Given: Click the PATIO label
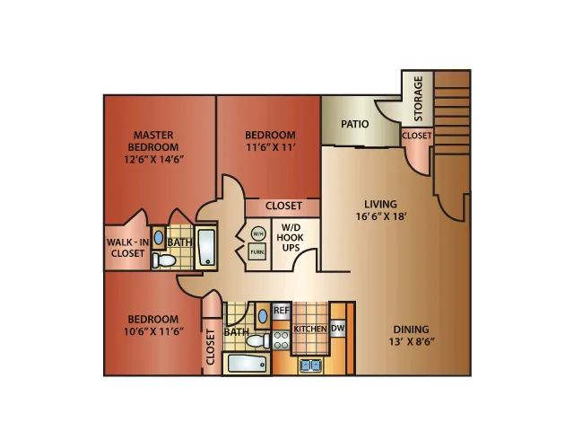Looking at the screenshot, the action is (355, 124).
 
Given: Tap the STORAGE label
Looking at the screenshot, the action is (418, 99).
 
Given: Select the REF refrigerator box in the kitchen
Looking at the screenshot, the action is (282, 311).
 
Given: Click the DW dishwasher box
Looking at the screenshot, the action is (337, 328).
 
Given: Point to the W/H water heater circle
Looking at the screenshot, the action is (258, 233).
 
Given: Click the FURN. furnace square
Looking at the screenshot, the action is (257, 251).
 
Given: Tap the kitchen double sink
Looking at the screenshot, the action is (310, 365).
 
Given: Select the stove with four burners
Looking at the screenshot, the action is (281, 339).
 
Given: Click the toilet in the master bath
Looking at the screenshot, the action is (164, 260).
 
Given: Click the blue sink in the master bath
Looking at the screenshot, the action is (159, 238).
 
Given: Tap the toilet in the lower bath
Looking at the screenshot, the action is (258, 340).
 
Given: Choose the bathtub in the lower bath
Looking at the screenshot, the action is (247, 364).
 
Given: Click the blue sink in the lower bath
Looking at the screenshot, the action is (263, 315).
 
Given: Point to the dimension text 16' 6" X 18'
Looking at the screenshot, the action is (380, 216).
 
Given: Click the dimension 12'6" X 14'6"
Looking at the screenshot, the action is (153, 160).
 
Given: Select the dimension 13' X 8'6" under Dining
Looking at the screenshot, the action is (412, 341).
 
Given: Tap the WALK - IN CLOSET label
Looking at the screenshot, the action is (127, 248).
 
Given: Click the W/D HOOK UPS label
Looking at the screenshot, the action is (291, 237).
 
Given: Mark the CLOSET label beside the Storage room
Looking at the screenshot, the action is (417, 136).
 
